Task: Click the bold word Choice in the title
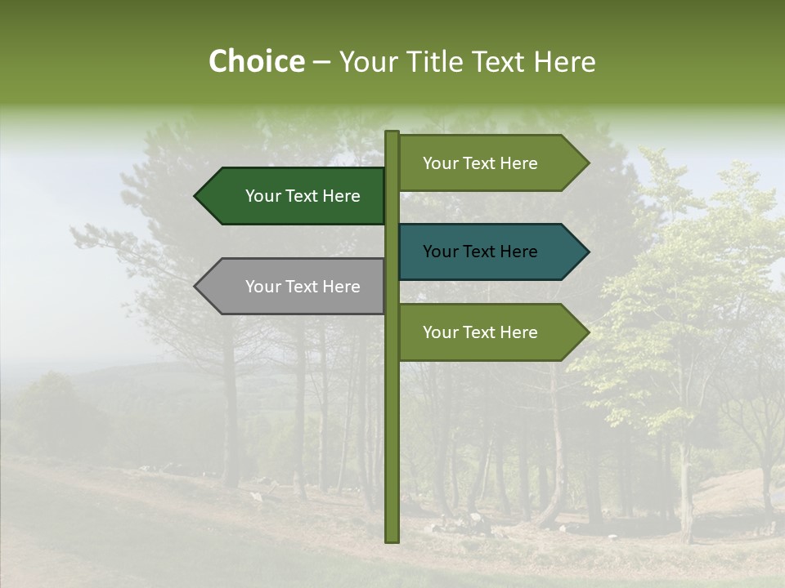(x=256, y=61)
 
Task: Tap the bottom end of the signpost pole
(x=392, y=540)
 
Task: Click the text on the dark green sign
(x=303, y=196)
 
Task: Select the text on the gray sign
(x=303, y=287)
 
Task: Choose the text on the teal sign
(x=480, y=252)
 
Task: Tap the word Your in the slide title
(x=367, y=62)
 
